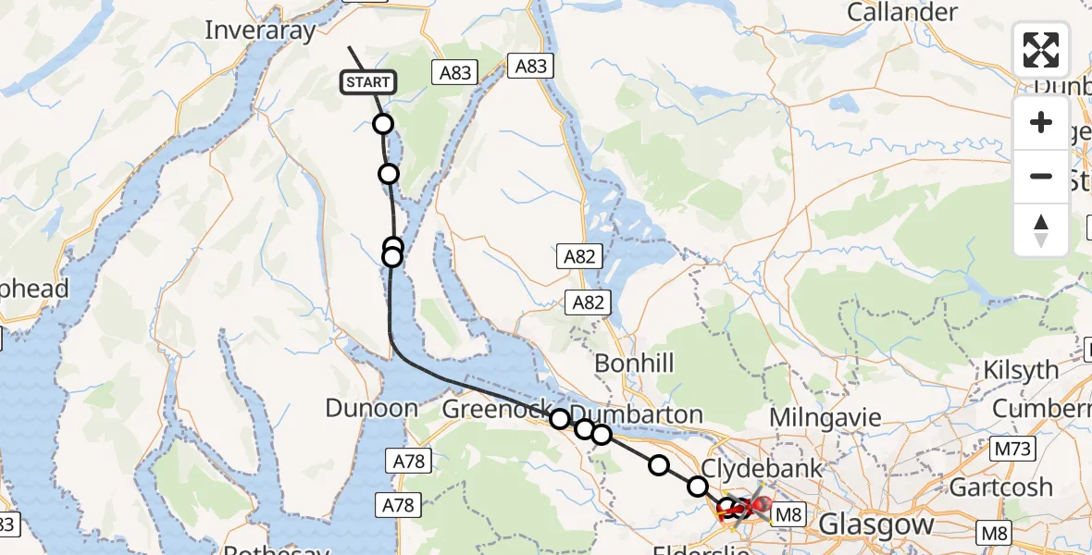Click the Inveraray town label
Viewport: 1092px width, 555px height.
pyautogui.click(x=260, y=31)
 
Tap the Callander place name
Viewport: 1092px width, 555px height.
pyautogui.click(x=902, y=13)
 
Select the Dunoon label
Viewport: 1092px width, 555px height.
pyautogui.click(x=372, y=408)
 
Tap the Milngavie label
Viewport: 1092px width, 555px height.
pyautogui.click(x=825, y=417)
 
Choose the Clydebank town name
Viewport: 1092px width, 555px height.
pyautogui.click(x=763, y=468)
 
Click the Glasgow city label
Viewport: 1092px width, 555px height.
pyautogui.click(x=876, y=525)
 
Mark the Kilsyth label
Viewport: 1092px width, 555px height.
pyautogui.click(x=1021, y=370)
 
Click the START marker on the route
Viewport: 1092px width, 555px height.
pyautogui.click(x=369, y=82)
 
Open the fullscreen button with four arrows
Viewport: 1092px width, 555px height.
pyautogui.click(x=1041, y=50)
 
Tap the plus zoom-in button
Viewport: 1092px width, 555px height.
pyautogui.click(x=1041, y=122)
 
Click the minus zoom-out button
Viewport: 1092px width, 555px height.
pyautogui.click(x=1041, y=176)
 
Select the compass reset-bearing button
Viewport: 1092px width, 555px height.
pyautogui.click(x=1041, y=229)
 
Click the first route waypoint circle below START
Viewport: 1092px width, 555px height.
pyautogui.click(x=382, y=124)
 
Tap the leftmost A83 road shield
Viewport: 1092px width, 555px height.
pyautogui.click(x=455, y=73)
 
